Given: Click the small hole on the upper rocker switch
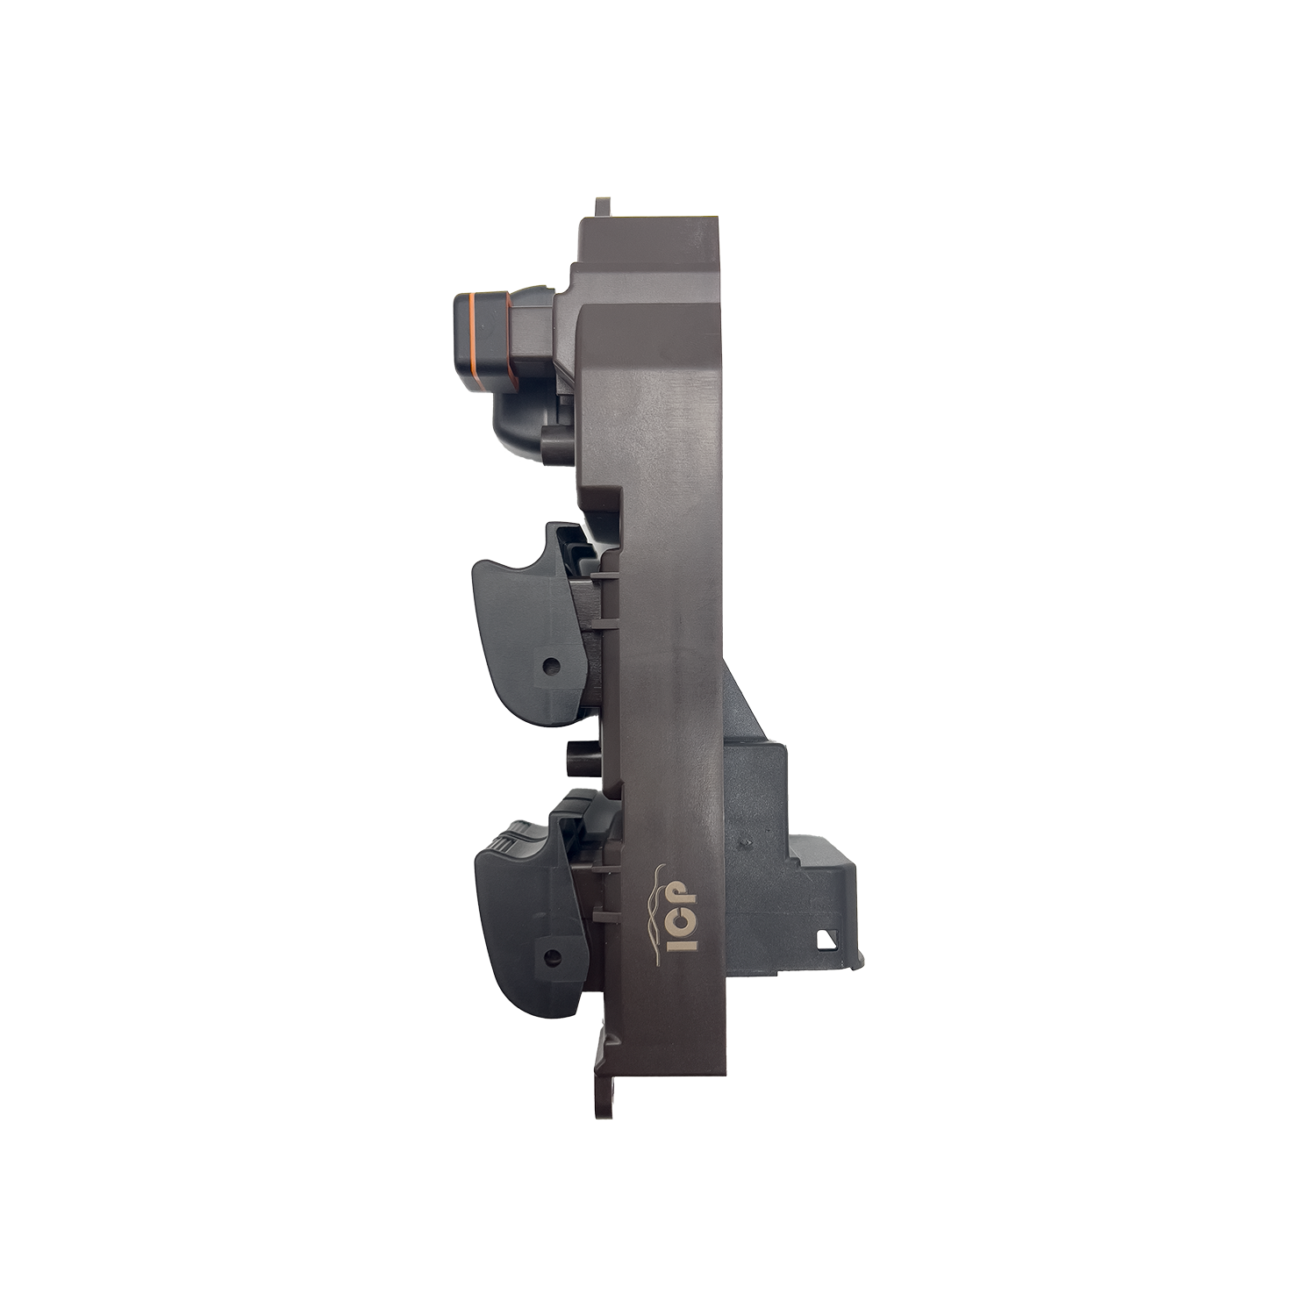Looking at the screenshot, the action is point(551,665).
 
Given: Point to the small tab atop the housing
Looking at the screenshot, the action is point(604,205).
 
